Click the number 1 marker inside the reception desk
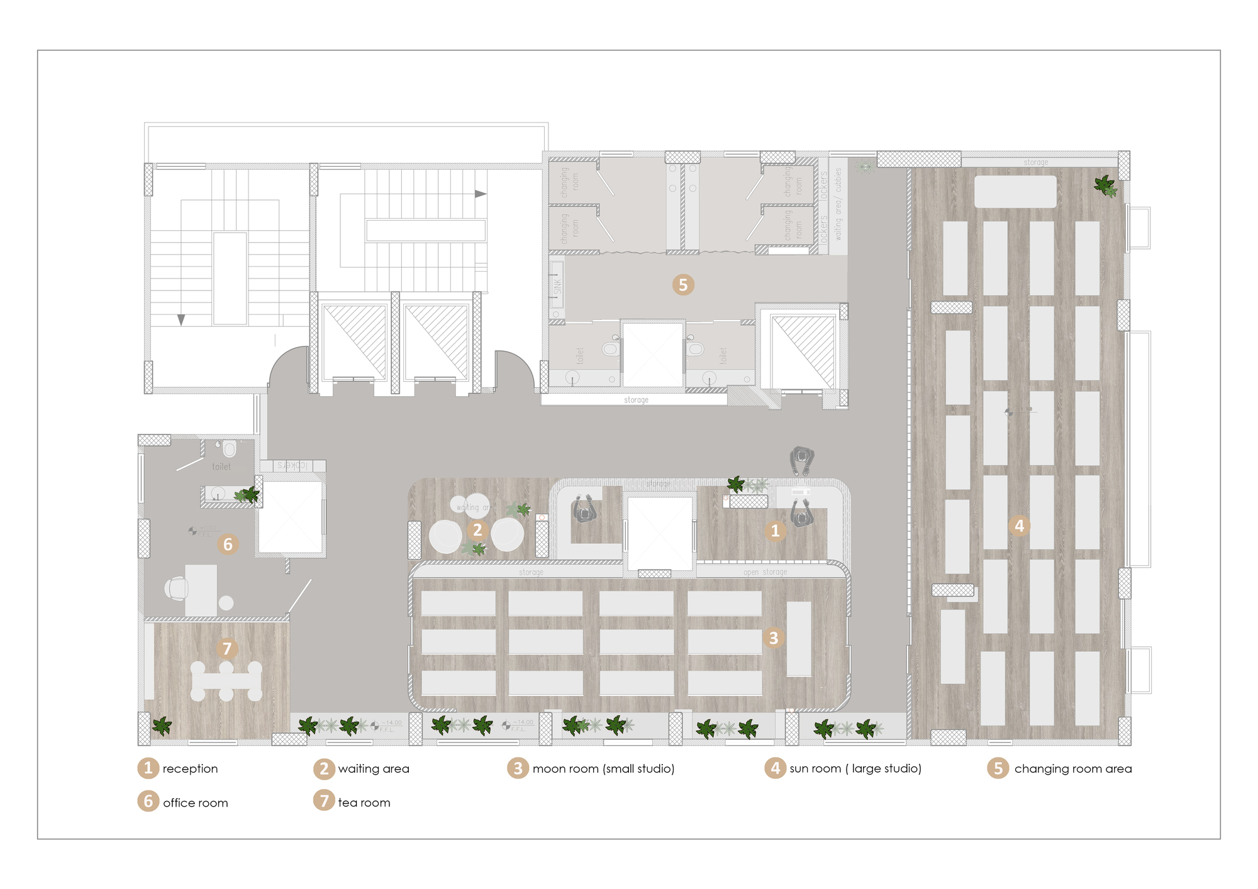pyautogui.click(x=775, y=531)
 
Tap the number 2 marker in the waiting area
pyautogui.click(x=477, y=531)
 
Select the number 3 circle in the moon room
pyautogui.click(x=774, y=638)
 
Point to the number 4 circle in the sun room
pyautogui.click(x=1019, y=526)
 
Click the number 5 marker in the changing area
pyautogui.click(x=683, y=285)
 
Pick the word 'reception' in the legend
pyautogui.click(x=190, y=769)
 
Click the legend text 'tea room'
pyautogui.click(x=364, y=803)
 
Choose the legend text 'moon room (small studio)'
pyautogui.click(x=603, y=769)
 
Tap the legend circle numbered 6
pyautogui.click(x=148, y=802)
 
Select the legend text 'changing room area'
pyautogui.click(x=1073, y=769)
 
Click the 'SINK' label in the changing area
pyautogui.click(x=557, y=287)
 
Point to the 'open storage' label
pyautogui.click(x=765, y=572)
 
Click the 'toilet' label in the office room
pyautogui.click(x=221, y=467)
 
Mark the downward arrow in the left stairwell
pyautogui.click(x=181, y=319)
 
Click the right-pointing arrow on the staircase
pyautogui.click(x=481, y=194)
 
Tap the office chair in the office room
pyautogui.click(x=177, y=588)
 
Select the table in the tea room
pyautogui.click(x=226, y=681)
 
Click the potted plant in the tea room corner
pyautogui.click(x=162, y=726)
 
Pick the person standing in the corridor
pyautogui.click(x=802, y=460)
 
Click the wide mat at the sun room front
pyautogui.click(x=1015, y=191)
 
